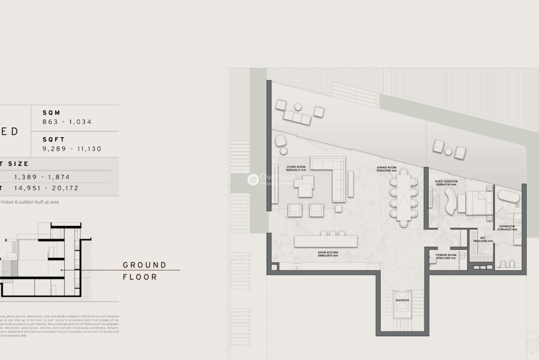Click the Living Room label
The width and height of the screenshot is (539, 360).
[x=296, y=168]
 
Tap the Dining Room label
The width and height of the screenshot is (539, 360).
[x=387, y=169]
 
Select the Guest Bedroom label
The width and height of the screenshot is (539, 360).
[x=446, y=183]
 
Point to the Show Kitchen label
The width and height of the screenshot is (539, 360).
[x=328, y=254]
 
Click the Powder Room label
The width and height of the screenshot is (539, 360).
[x=446, y=256]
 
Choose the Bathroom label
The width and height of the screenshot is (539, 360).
[x=507, y=228]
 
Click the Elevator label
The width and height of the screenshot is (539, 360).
[x=402, y=300]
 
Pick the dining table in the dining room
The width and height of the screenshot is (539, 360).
[x=403, y=198]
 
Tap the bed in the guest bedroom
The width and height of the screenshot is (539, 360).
[x=478, y=203]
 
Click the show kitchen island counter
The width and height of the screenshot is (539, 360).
[x=326, y=242]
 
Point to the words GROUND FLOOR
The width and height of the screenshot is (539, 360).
[x=145, y=271]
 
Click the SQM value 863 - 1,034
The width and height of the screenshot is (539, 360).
[x=67, y=122]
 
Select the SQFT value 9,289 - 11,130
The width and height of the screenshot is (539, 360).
[x=72, y=149]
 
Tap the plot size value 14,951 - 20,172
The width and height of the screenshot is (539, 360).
[x=46, y=188]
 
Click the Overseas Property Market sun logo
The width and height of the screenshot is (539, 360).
[x=253, y=180]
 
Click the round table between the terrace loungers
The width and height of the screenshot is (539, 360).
[x=448, y=152]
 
